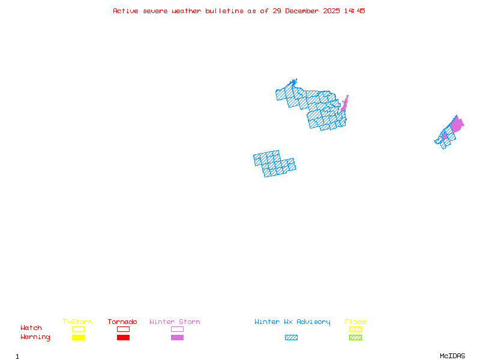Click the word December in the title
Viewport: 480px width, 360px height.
(305, 11)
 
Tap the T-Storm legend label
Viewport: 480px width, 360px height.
(77, 322)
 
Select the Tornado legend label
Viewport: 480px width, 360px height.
(122, 322)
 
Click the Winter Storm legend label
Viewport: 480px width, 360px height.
(175, 322)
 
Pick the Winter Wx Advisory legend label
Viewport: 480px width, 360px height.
(292, 322)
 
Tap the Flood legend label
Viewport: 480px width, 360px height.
(355, 322)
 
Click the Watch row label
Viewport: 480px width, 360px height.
(31, 328)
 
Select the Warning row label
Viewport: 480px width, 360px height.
(35, 337)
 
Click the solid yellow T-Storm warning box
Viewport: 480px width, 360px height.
(78, 337)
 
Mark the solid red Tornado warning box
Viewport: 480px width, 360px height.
(123, 337)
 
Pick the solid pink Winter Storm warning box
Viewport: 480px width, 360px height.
(177, 337)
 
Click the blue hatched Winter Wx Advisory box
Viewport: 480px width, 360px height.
(291, 337)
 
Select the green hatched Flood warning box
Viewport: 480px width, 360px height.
(355, 337)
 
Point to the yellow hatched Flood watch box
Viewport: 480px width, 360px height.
(355, 329)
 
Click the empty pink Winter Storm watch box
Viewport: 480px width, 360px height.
(177, 329)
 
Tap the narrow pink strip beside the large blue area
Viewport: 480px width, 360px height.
(344, 104)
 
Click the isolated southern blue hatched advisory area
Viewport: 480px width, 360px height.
(274, 163)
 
